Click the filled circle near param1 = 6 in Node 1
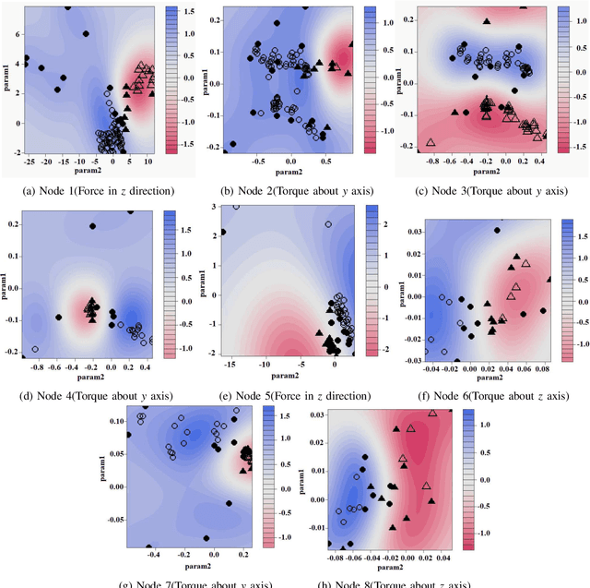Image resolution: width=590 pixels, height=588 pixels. click(x=86, y=34)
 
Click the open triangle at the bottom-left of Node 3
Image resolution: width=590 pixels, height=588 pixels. click(x=431, y=143)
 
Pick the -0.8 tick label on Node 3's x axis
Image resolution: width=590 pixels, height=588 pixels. click(x=431, y=160)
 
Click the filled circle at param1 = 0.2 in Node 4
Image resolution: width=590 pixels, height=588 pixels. click(x=92, y=225)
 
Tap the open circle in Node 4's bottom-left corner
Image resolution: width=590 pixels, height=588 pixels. click(x=35, y=349)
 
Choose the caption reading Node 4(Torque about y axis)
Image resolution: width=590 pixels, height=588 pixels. click(x=91, y=396)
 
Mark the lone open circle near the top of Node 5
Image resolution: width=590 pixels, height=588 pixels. click(x=328, y=223)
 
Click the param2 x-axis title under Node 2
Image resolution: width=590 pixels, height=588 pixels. click(x=292, y=172)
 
